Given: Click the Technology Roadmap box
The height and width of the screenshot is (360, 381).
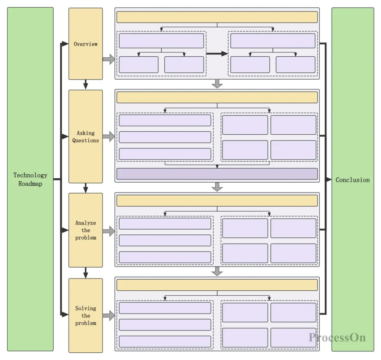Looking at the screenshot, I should pos(30,179).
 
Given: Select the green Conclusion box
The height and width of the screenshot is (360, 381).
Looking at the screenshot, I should pos(352,179).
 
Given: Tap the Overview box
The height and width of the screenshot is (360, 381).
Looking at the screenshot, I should pos(85,44).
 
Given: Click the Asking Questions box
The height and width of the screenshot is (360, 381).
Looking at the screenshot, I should pos(85,137).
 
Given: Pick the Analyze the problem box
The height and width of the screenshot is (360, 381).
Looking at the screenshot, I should pos(85,230).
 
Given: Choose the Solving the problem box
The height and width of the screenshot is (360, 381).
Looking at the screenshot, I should pos(85,315).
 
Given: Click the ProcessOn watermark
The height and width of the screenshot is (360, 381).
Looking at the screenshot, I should pos(337,337).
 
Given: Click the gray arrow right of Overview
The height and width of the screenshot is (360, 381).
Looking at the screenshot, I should pos(109,59).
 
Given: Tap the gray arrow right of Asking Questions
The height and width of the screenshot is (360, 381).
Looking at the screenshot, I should pos(109,137).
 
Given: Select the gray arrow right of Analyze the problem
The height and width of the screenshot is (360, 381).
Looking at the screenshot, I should pos(109,231).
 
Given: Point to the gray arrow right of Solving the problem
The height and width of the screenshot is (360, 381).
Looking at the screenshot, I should pos(109,315).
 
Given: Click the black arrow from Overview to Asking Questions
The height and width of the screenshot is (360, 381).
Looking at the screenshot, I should pos(86,84).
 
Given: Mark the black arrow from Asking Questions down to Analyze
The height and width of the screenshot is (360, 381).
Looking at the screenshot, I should pos(86,188).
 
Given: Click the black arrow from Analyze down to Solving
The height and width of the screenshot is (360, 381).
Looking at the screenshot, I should pos(86,272).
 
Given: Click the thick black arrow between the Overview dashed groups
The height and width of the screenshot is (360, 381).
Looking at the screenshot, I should pos(217,54).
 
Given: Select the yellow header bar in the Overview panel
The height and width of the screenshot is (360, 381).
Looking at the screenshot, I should pos(217,17).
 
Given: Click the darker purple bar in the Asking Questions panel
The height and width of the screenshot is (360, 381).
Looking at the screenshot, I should pos(217,174).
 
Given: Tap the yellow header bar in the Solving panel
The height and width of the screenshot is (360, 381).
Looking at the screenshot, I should pos(217,285).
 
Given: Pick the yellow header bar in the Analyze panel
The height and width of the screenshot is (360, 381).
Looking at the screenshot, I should pos(217,201).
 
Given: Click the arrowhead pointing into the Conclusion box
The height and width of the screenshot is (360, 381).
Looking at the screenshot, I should pos(328,179).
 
